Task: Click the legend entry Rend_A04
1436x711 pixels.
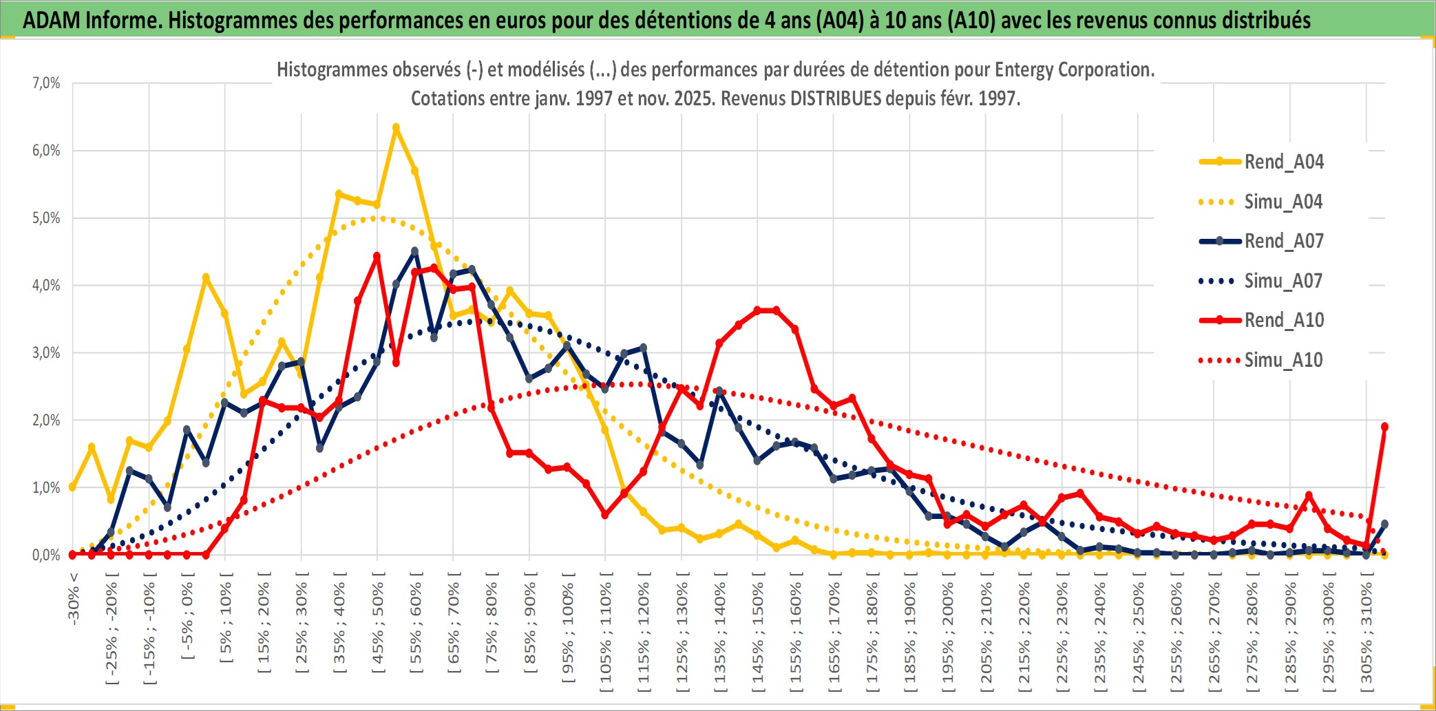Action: click(x=1283, y=162)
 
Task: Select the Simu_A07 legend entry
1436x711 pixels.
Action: click(x=1283, y=281)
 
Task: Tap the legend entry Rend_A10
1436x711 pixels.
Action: click(x=1283, y=320)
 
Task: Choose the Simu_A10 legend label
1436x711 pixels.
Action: click(x=1283, y=360)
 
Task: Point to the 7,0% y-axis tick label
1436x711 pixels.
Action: click(x=46, y=83)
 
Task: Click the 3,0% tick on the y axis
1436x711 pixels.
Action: click(x=46, y=353)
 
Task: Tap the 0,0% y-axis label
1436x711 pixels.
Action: click(x=46, y=555)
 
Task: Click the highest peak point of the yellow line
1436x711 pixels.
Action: click(x=396, y=127)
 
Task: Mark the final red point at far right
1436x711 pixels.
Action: click(x=1384, y=427)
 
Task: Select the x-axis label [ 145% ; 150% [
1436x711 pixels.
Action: click(x=758, y=634)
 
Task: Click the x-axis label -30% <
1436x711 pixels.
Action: click(x=74, y=598)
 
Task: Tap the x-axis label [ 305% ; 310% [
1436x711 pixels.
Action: click(x=1366, y=634)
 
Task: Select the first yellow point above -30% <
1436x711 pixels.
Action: click(x=73, y=487)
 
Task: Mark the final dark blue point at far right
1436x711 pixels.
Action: click(x=1384, y=524)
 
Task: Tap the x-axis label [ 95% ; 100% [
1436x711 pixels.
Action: click(x=568, y=629)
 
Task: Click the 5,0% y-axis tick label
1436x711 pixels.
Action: click(x=46, y=218)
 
